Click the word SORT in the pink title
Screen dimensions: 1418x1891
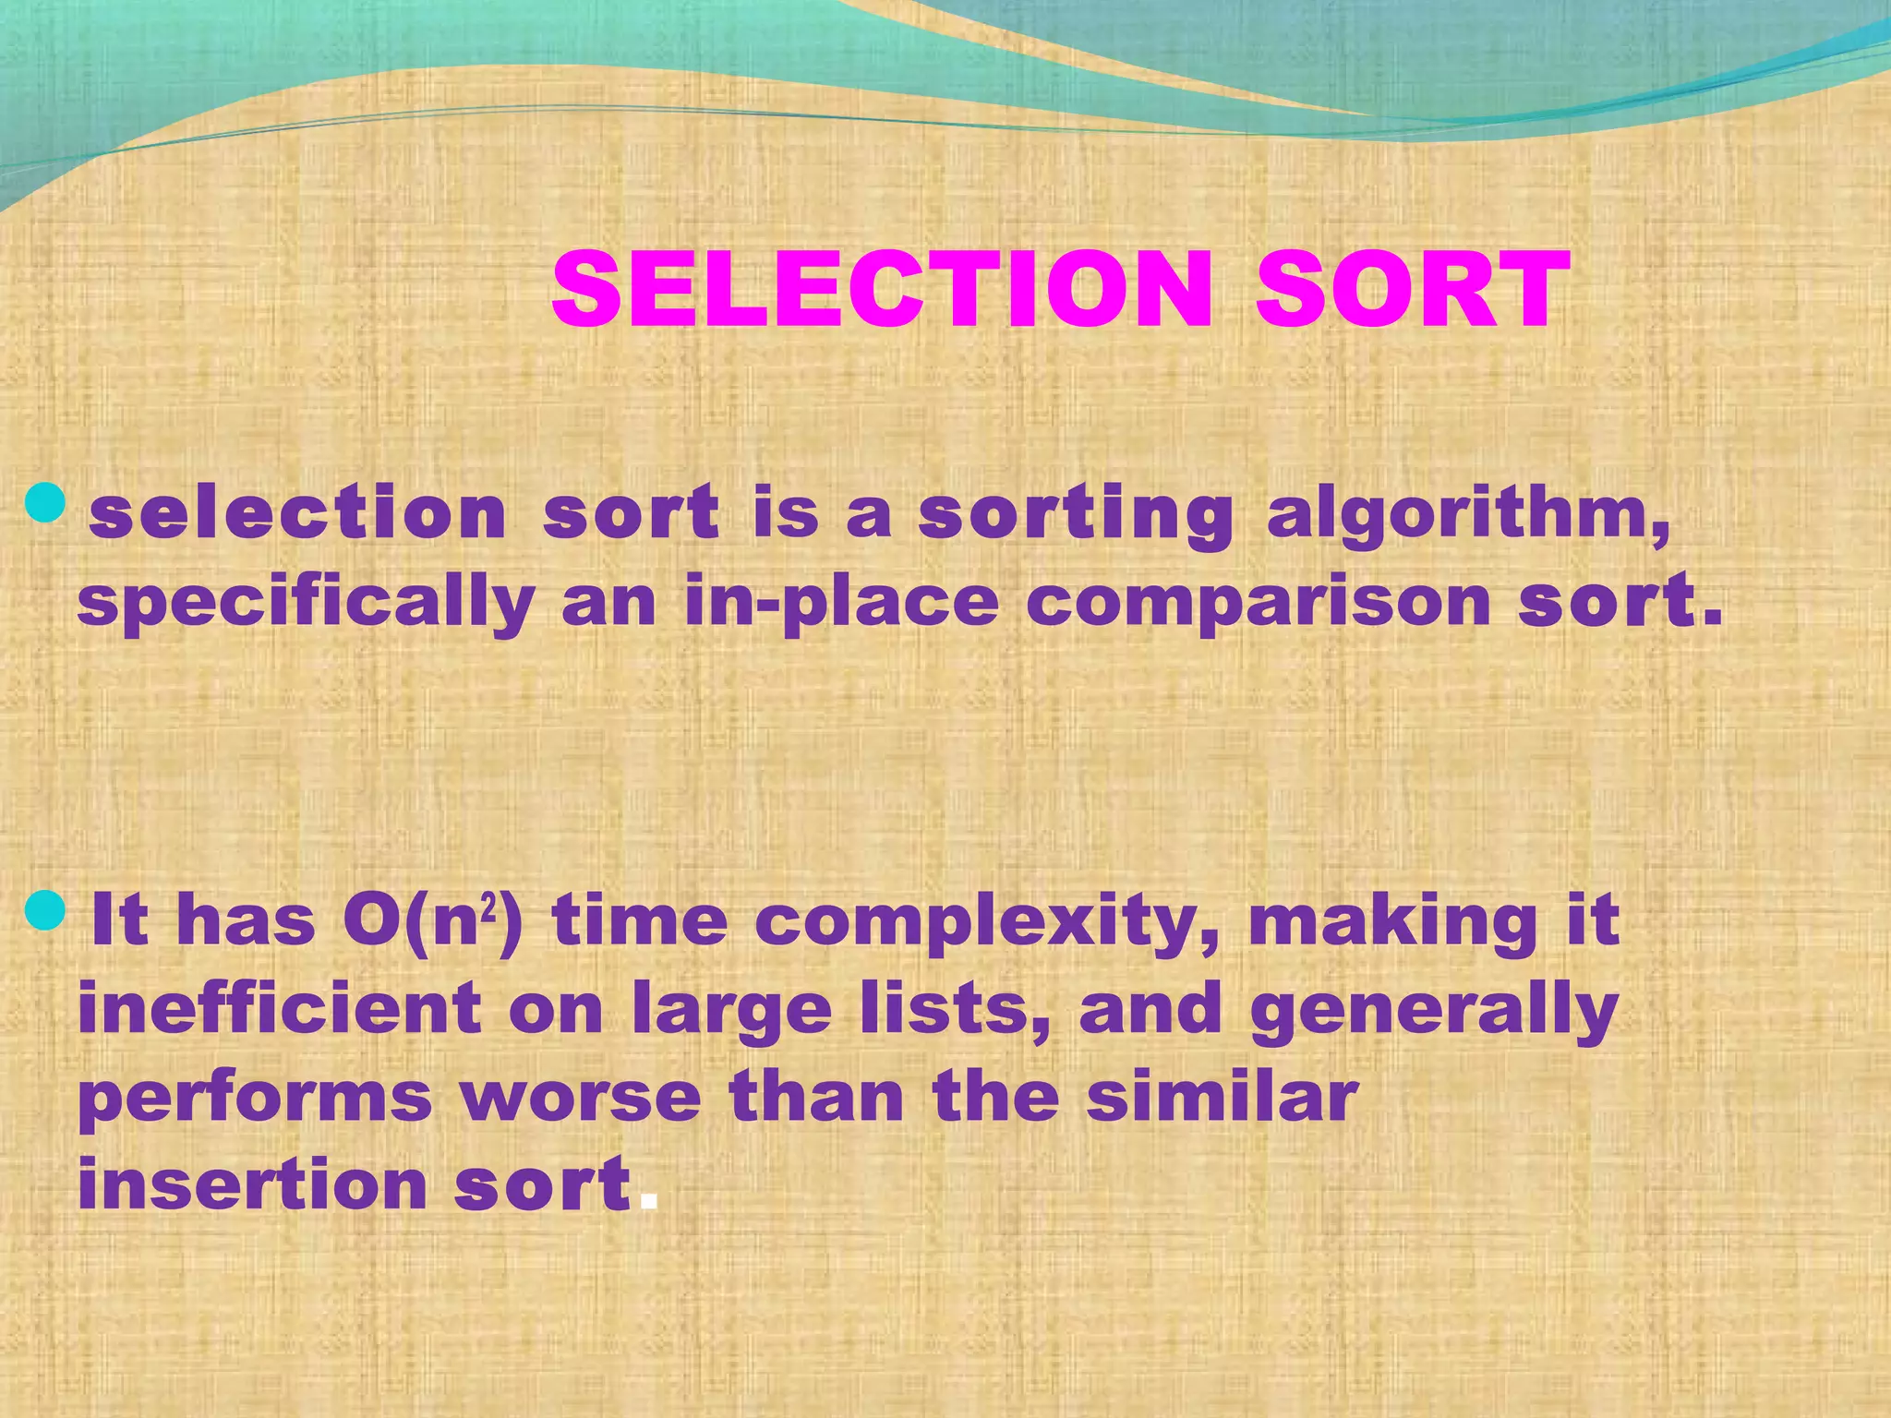[1412, 290]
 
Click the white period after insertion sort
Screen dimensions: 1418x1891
[649, 1203]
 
